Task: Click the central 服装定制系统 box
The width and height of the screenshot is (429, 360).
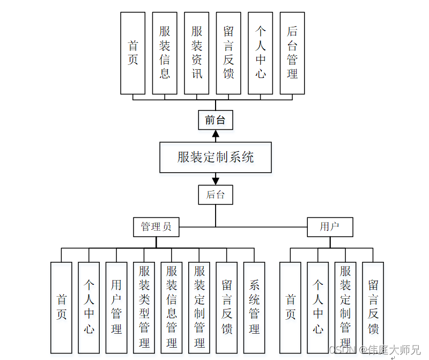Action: tap(216, 157)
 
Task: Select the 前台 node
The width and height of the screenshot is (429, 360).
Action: tap(216, 120)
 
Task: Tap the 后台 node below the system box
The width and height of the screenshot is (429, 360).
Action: tap(216, 195)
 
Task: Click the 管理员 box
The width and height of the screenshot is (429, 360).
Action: tap(156, 227)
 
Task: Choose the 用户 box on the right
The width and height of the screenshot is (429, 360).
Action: tap(330, 227)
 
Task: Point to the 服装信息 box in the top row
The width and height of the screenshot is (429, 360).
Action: tap(165, 53)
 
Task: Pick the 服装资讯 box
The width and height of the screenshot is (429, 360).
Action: tap(197, 53)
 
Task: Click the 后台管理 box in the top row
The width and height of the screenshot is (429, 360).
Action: tap(292, 53)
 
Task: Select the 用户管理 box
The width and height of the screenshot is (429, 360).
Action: tap(116, 306)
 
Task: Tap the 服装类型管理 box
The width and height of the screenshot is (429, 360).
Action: tap(144, 306)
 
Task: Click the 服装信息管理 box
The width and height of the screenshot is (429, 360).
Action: tap(172, 306)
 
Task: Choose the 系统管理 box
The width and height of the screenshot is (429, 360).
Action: tap(254, 306)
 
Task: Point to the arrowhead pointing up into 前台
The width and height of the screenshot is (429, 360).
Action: tap(216, 135)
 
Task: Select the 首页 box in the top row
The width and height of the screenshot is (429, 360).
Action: tap(133, 53)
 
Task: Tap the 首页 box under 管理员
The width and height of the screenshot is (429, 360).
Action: tap(61, 306)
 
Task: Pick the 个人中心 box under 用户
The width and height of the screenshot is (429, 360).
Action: tap(318, 306)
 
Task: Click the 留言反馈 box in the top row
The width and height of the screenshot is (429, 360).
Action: tap(228, 53)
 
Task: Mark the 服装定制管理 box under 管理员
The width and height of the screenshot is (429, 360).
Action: tap(199, 306)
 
